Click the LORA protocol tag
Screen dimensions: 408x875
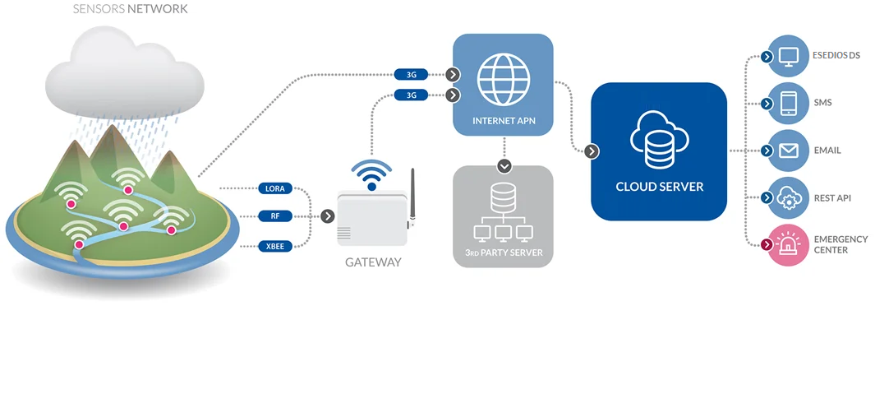(x=274, y=188)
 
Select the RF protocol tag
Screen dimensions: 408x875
(x=274, y=216)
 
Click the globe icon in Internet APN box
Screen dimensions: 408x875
(x=503, y=78)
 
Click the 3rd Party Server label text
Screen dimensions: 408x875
(x=502, y=252)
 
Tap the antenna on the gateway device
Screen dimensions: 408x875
(x=412, y=197)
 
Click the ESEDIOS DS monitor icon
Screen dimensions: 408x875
(x=788, y=57)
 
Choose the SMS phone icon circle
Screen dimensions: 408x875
(x=788, y=104)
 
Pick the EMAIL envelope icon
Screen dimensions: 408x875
(x=788, y=151)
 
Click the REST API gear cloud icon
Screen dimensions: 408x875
(x=788, y=197)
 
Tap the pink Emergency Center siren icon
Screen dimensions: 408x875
(x=788, y=244)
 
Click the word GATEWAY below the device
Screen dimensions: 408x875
(x=373, y=262)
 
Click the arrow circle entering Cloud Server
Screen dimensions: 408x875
(x=592, y=151)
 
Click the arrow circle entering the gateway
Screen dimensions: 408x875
(x=328, y=216)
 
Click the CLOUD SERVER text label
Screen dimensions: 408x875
(x=659, y=187)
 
